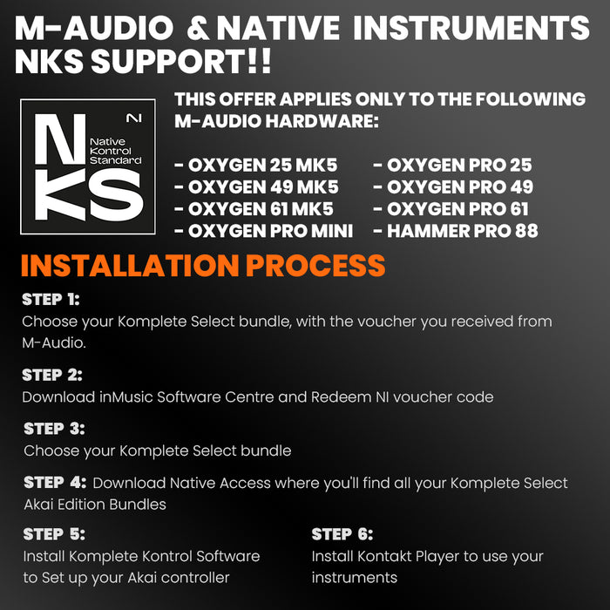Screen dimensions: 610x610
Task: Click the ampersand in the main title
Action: [200, 29]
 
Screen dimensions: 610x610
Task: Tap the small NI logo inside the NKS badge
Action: [134, 119]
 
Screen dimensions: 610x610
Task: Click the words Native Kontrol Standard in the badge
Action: [116, 151]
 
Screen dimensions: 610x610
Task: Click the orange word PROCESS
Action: [315, 266]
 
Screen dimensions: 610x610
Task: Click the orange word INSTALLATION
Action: [130, 266]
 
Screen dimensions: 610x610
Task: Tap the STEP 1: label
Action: [51, 300]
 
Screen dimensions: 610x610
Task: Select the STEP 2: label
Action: [52, 375]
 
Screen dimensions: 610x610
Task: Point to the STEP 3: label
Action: [54, 429]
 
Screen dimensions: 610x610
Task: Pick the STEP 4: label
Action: [55, 483]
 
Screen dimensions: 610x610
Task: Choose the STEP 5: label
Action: [54, 534]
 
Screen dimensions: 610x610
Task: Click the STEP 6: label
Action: [342, 534]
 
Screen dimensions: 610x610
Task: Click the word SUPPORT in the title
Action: [168, 62]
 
